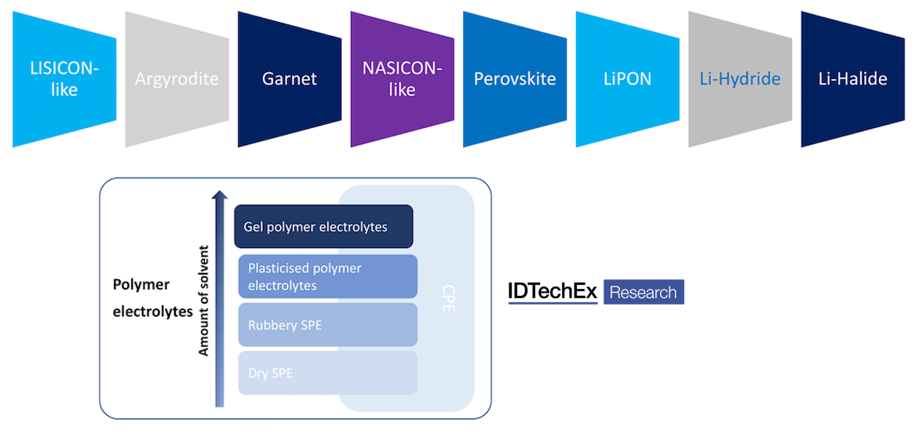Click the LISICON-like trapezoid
pyautogui.click(x=64, y=79)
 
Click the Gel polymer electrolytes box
pyautogui.click(x=323, y=227)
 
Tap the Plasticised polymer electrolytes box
pyautogui.click(x=327, y=276)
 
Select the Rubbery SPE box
pyautogui.click(x=327, y=325)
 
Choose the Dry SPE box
pyautogui.click(x=327, y=373)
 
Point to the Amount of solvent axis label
pyautogui.click(x=203, y=299)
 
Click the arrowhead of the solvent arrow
pyautogui.click(x=220, y=196)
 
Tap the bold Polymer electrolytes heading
pyautogui.click(x=151, y=298)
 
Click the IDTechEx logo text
pyautogui.click(x=552, y=293)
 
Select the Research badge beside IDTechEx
pyautogui.click(x=643, y=293)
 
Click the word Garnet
pyautogui.click(x=289, y=79)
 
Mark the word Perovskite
pyautogui.click(x=515, y=79)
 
